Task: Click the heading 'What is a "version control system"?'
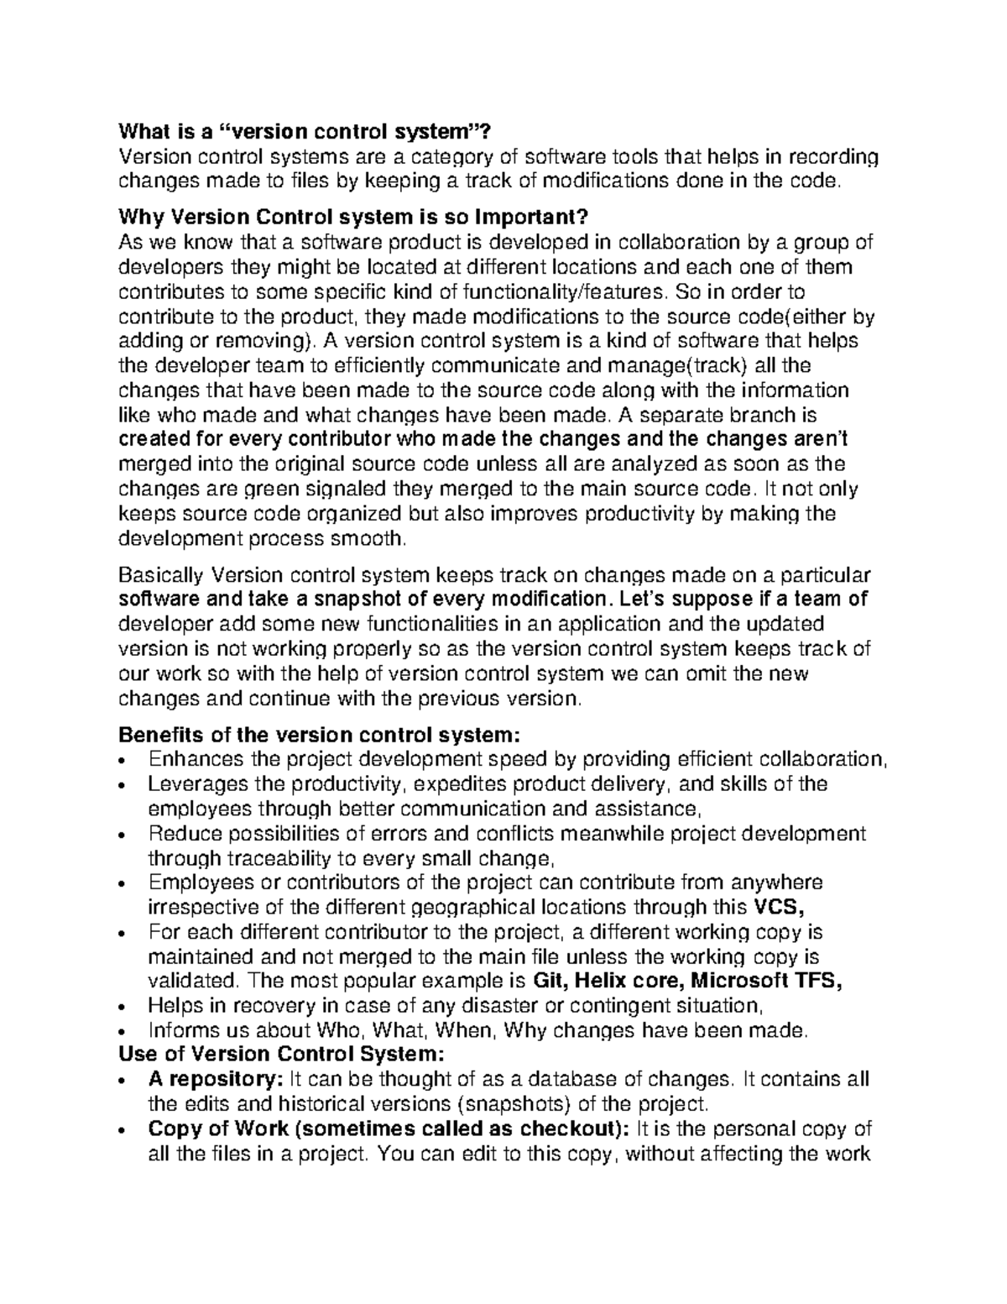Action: pyautogui.click(x=302, y=131)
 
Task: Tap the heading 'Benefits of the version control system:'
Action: pyautogui.click(x=320, y=735)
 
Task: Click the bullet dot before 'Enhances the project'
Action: pyautogui.click(x=123, y=761)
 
